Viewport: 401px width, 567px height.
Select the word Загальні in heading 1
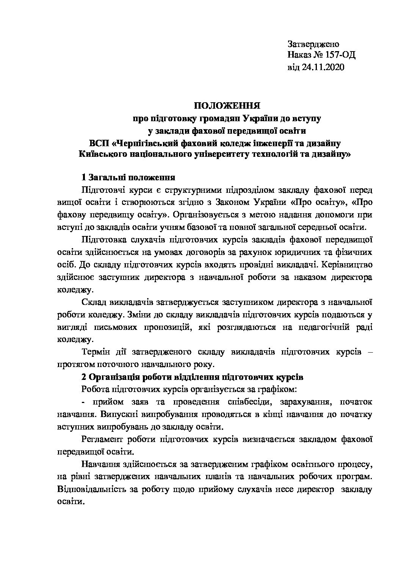[x=107, y=178]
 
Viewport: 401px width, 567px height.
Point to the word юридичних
[x=288, y=252]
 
